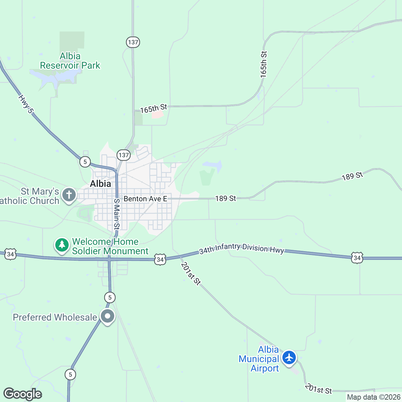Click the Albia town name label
100,184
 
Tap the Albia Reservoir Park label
70,61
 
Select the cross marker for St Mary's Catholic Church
69,195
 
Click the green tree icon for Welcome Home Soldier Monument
62,245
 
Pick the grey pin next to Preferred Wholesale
108,316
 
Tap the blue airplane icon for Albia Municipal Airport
289,357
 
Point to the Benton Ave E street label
145,199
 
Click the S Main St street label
117,214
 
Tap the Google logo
23,394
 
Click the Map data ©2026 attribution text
374,397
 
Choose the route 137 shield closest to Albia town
124,155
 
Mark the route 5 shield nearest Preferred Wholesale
110,297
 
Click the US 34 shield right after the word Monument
160,259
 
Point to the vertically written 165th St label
264,65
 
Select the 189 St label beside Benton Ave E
225,199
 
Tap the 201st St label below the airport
318,389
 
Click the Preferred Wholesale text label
55,317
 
